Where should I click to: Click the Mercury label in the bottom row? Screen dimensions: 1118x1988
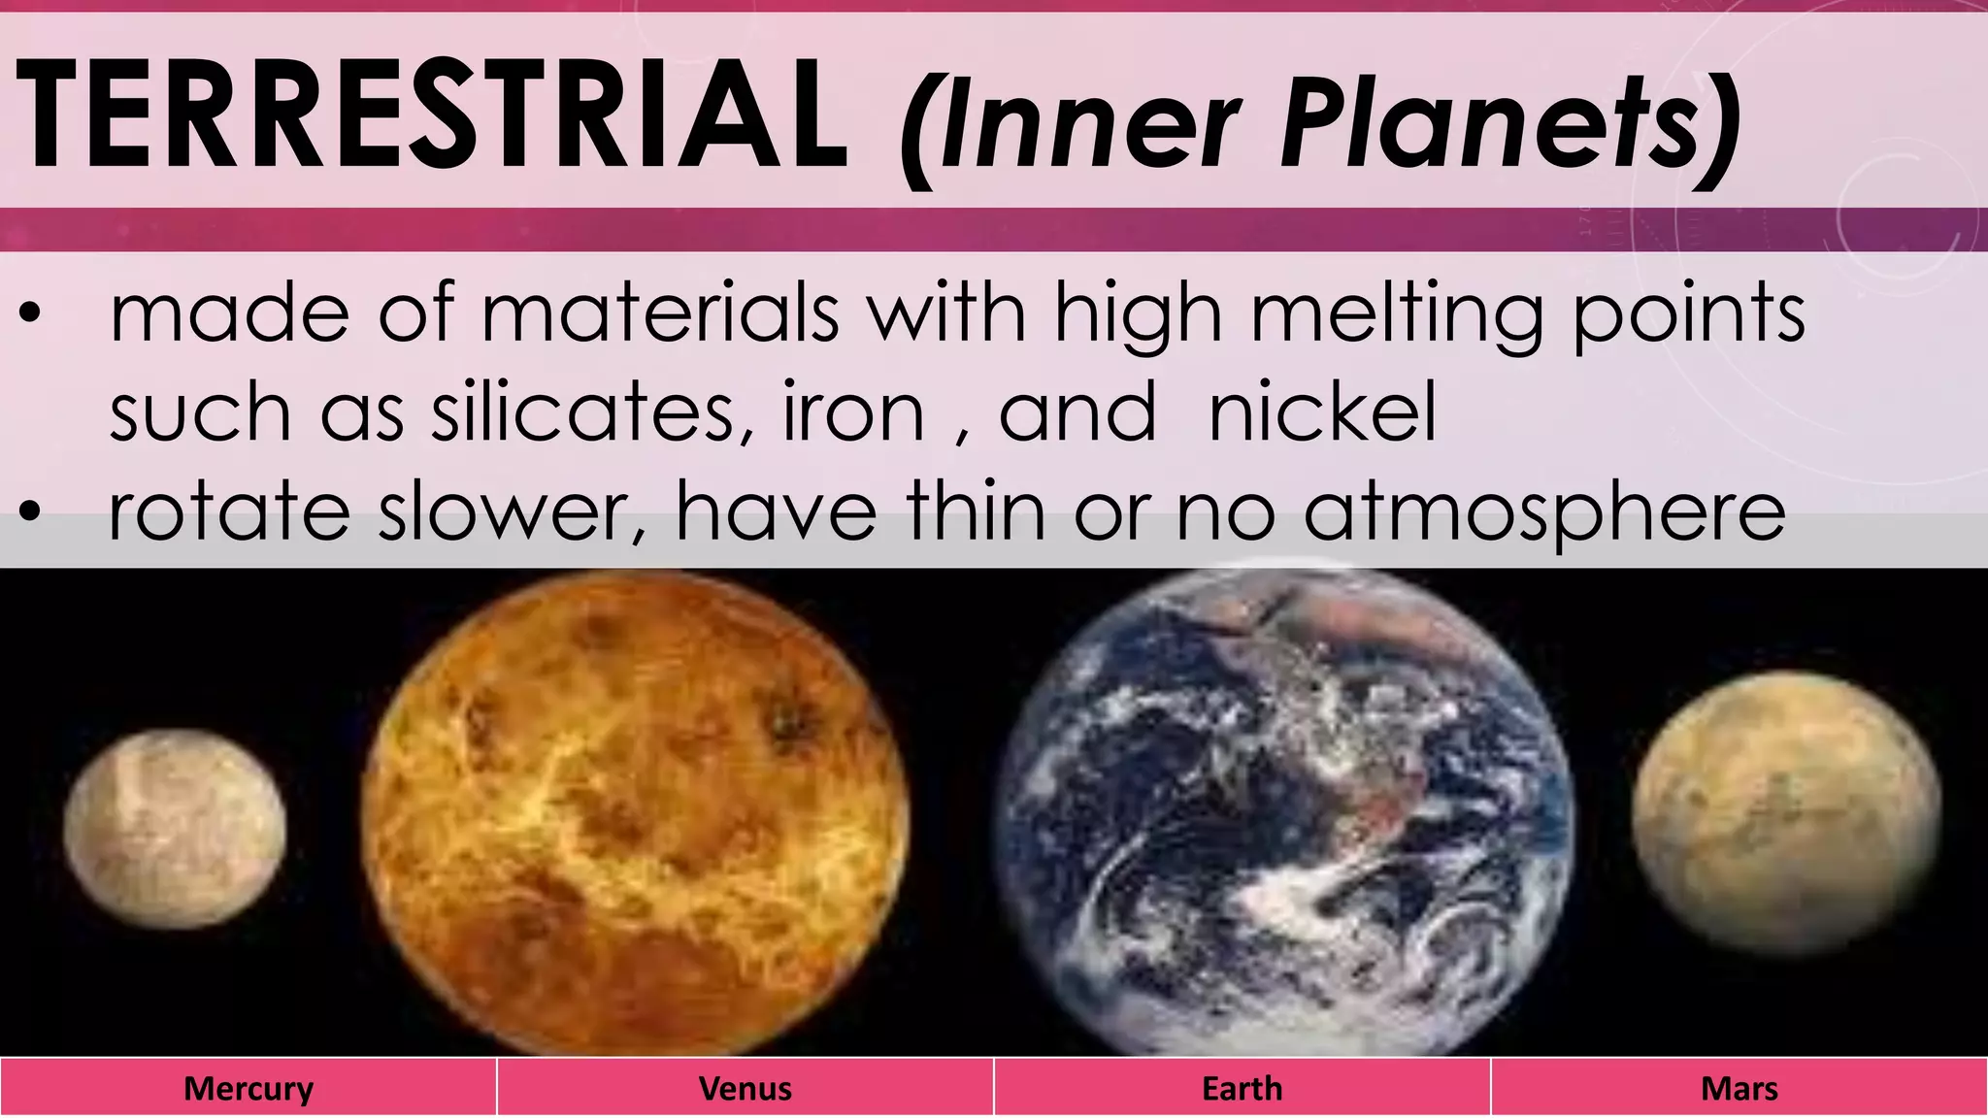click(x=248, y=1088)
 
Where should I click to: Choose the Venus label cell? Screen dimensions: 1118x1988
click(x=745, y=1088)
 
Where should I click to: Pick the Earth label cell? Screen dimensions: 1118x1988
click(x=1242, y=1088)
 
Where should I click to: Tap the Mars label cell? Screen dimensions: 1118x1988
click(x=1739, y=1088)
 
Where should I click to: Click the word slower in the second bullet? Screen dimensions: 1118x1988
click(x=505, y=512)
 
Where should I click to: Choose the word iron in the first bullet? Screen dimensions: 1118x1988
click(x=853, y=412)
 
